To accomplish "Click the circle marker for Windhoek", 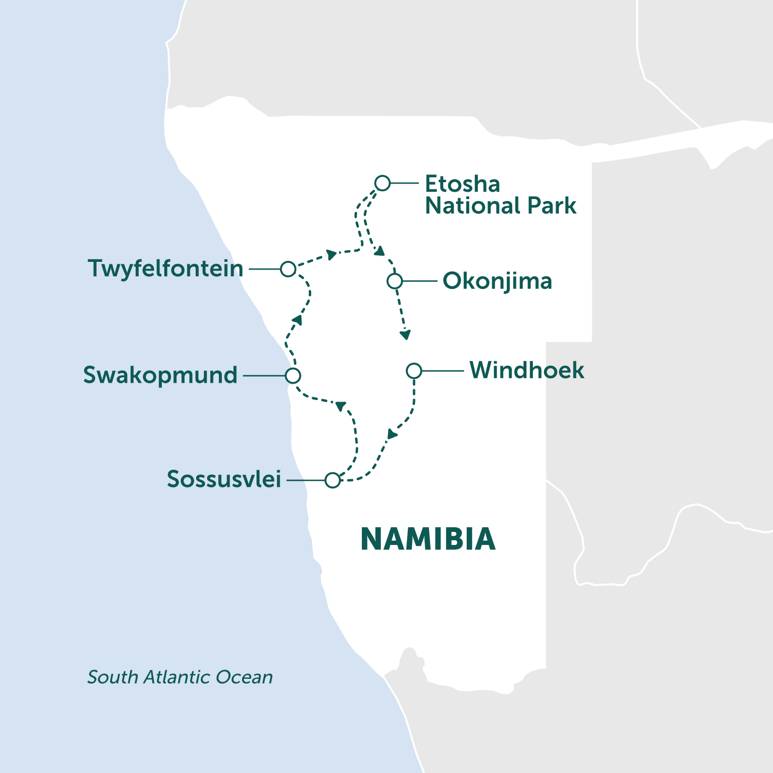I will click(x=414, y=371).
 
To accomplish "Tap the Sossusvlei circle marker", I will click(x=332, y=480).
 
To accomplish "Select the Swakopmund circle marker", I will click(x=293, y=375).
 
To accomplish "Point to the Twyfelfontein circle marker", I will click(x=288, y=269).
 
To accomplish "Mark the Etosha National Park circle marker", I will click(x=382, y=183).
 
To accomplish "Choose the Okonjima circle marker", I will click(x=395, y=281).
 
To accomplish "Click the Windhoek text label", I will click(x=527, y=371).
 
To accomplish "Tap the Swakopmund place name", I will click(x=160, y=375).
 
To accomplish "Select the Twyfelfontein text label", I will click(x=165, y=269).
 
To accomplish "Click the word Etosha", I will click(x=462, y=184).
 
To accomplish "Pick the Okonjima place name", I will click(x=497, y=281).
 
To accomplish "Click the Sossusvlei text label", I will click(x=224, y=479).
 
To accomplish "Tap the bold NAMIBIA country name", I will click(x=428, y=539).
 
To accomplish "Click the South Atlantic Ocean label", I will click(x=180, y=677).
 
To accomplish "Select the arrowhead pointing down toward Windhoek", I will click(x=405, y=334).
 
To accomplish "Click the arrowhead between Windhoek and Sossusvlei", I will click(x=392, y=434).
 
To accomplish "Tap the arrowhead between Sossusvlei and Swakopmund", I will click(x=341, y=406).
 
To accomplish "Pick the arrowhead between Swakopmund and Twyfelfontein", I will click(x=297, y=319).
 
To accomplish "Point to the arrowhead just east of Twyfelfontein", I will click(x=331, y=255).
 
